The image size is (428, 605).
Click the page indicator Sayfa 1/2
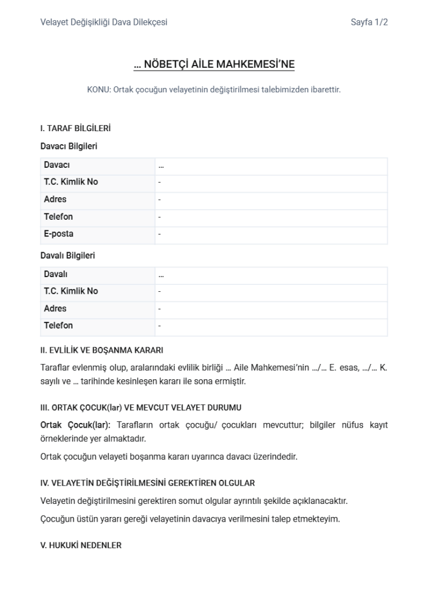click(x=369, y=22)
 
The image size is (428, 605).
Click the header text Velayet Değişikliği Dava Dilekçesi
click(x=103, y=22)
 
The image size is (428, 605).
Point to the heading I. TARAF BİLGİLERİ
click(x=75, y=128)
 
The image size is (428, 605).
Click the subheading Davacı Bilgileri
click(x=69, y=146)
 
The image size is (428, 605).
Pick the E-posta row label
click(x=59, y=234)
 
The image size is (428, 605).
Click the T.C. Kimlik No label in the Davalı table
click(x=71, y=291)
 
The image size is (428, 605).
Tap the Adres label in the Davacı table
click(x=55, y=199)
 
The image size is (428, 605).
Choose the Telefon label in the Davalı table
click(x=59, y=326)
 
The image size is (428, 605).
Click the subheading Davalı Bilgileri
click(x=67, y=256)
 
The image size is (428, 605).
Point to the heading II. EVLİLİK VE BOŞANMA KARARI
click(x=102, y=350)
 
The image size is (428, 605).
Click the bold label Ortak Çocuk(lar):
click(x=76, y=425)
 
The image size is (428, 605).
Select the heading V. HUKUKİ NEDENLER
click(x=81, y=545)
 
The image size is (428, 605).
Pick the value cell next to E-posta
click(x=271, y=234)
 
